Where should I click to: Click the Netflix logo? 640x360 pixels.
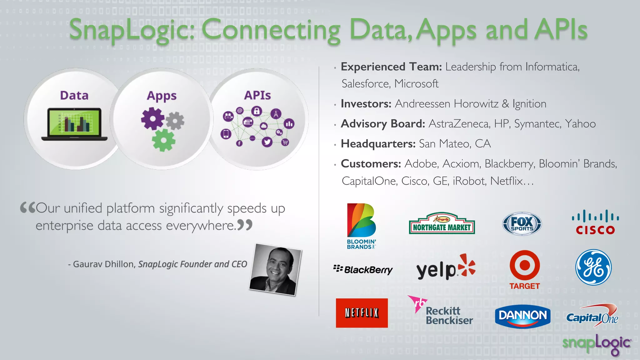pyautogui.click(x=362, y=313)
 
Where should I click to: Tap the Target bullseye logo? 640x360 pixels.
pyautogui.click(x=525, y=266)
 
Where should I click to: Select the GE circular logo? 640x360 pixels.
pyautogui.click(x=593, y=267)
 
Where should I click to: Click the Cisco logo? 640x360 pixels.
pyautogui.click(x=595, y=222)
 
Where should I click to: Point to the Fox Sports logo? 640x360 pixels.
pyautogui.click(x=522, y=224)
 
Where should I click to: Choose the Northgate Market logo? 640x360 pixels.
pyautogui.click(x=442, y=224)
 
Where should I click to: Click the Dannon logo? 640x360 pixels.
pyautogui.click(x=522, y=316)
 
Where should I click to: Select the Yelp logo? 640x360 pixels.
pyautogui.click(x=445, y=268)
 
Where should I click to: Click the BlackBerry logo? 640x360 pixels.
pyautogui.click(x=363, y=269)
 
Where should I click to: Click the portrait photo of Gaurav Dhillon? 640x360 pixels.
pyautogui.click(x=275, y=269)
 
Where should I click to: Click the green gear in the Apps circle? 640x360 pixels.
pyautogui.click(x=163, y=140)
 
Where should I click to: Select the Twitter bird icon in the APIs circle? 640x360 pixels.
pyautogui.click(x=267, y=142)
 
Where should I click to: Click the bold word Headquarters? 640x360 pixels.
pyautogui.click(x=378, y=144)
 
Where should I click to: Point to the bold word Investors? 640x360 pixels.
pyautogui.click(x=366, y=104)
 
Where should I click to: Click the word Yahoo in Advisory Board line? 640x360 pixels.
pyautogui.click(x=580, y=124)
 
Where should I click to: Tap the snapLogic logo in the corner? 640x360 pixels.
pyautogui.click(x=597, y=344)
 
